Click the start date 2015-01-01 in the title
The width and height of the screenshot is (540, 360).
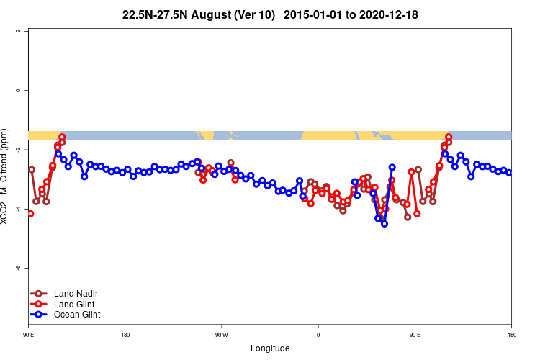[314, 14]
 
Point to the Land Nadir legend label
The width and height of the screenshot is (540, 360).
[76, 294]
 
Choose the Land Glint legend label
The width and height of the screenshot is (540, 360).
[74, 304]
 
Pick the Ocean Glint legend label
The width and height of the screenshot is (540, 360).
[77, 315]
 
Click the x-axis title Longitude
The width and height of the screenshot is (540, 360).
[270, 348]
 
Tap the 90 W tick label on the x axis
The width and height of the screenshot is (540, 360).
[221, 334]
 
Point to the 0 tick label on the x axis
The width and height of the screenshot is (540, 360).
[318, 334]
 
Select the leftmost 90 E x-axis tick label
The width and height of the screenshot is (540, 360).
[28, 334]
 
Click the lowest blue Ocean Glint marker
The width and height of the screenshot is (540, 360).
[384, 223]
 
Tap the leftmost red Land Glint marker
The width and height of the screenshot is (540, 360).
[30, 213]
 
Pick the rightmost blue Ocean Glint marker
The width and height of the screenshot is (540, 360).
[509, 173]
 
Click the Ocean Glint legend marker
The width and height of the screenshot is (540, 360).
[40, 315]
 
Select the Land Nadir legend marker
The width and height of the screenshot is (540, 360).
[40, 294]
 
